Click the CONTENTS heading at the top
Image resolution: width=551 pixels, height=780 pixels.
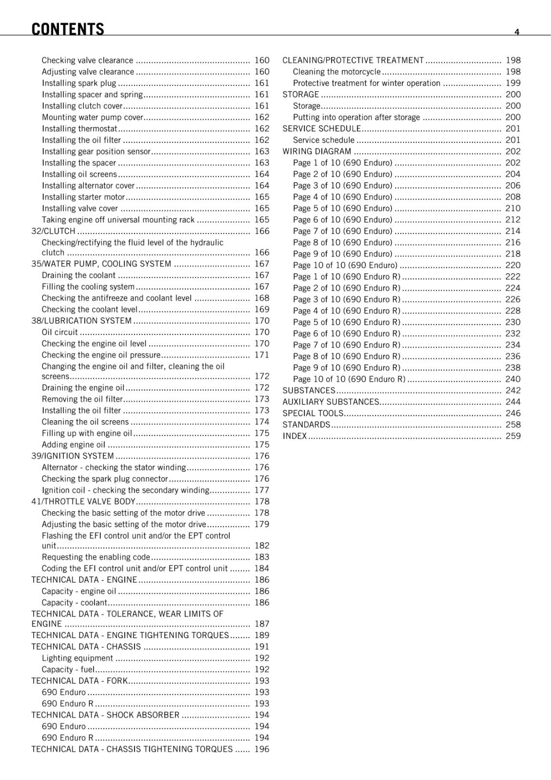(67, 29)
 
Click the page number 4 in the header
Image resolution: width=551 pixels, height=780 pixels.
(516, 32)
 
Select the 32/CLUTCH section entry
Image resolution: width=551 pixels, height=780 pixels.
(53, 231)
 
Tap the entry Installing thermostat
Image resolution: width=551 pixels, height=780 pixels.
(79, 129)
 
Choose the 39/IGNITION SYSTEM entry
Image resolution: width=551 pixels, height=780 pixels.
(73, 456)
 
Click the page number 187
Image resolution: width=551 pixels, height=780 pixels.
(262, 624)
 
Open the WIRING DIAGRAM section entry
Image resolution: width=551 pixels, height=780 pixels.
(317, 151)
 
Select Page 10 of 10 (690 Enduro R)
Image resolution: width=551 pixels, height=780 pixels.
(349, 379)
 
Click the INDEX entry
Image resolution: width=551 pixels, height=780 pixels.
(295, 436)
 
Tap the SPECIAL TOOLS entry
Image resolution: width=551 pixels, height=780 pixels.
(313, 413)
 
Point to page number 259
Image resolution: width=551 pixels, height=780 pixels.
(513, 436)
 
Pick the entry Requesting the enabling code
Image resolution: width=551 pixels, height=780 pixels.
(96, 557)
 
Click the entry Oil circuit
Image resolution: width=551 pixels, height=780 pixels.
(59, 332)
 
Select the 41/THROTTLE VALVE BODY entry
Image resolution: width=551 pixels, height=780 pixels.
(83, 501)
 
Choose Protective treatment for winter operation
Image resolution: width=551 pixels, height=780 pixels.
(366, 83)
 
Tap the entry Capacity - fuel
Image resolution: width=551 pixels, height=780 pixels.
(68, 669)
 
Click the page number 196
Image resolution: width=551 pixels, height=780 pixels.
(262, 749)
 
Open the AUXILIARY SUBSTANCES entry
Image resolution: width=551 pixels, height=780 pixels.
(331, 402)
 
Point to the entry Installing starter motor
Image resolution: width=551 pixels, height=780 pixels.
(83, 197)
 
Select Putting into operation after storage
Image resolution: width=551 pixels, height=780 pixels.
(356, 117)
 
